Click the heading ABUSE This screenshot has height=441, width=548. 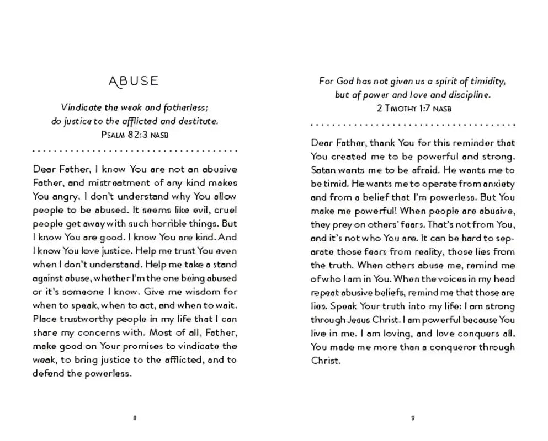coord(134,81)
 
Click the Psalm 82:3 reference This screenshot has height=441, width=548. coord(135,134)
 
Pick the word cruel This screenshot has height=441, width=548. coord(225,210)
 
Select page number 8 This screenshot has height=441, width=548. coord(134,417)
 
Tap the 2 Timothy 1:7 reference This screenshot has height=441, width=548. coord(414,108)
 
